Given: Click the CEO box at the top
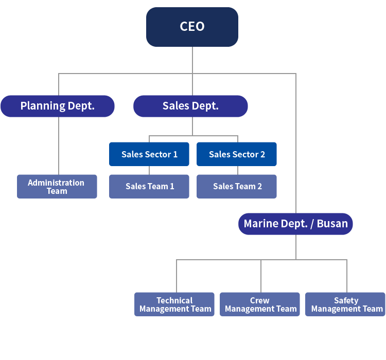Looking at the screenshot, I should pos(192,27).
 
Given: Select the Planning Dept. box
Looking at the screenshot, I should pos(57,106).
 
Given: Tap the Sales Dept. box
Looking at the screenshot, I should pos(190,106).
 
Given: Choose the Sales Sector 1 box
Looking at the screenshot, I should pos(149,154).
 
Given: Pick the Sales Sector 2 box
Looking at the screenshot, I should pos(237,154).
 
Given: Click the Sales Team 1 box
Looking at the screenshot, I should pos(149,186).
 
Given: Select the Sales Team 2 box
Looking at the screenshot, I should pos(237,186).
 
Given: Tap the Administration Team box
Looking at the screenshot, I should pos(57,186).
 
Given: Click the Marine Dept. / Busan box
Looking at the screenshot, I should pos(295,224).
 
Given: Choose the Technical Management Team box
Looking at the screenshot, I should pos(174,304).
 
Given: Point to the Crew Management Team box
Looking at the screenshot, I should pos(260,304).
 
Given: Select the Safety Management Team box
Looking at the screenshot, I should pos(345,304).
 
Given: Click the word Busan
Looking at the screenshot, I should pos(332,224).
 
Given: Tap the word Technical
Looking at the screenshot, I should pos(174,300).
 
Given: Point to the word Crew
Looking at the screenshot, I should pos(260,300).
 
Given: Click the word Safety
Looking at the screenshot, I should pos(346,300).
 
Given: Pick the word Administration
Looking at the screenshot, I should pos(56,183).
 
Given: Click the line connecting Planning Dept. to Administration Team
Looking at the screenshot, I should pos(58,146).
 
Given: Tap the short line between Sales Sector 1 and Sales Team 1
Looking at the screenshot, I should pos(149,170).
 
